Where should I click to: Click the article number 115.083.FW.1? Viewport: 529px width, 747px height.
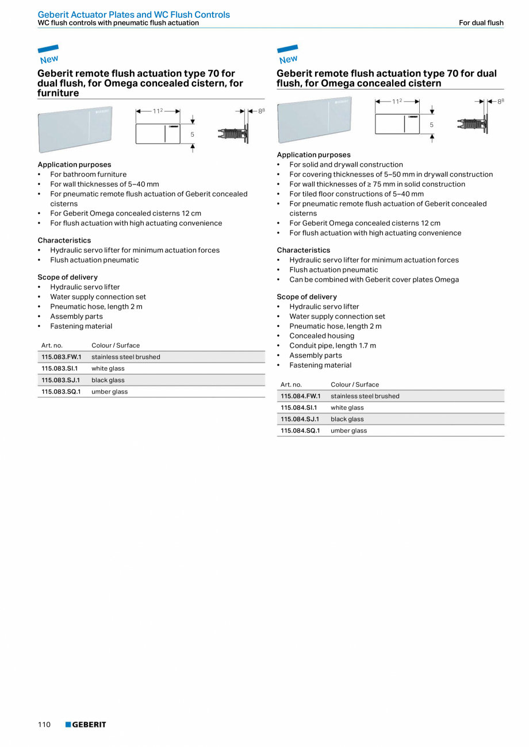62,357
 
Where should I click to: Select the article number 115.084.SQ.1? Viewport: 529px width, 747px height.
300,430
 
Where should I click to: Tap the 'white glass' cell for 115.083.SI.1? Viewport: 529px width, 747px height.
108,368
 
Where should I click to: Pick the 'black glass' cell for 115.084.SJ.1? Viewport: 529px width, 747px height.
347,419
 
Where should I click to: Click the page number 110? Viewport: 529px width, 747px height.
44,725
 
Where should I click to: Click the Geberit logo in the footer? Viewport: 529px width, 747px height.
86,725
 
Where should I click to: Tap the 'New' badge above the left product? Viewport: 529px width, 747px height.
48,55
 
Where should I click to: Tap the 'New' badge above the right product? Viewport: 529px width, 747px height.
287,55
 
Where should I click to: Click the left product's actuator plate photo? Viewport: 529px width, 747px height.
75,129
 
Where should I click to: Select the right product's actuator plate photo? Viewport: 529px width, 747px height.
314,120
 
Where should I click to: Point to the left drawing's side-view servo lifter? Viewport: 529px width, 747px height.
233,133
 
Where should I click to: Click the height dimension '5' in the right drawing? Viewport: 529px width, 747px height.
431,125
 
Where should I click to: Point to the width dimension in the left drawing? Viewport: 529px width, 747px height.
158,111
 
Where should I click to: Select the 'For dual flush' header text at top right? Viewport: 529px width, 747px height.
481,23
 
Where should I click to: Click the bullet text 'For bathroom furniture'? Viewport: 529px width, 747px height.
88,174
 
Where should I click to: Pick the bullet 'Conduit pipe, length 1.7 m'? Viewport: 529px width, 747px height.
332,345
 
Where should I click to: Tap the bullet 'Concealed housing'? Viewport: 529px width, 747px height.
321,336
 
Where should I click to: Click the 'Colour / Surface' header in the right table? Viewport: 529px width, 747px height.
355,384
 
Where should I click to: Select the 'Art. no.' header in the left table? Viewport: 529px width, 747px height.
52,345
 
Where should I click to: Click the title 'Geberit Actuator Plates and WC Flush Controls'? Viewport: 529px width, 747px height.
133,14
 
